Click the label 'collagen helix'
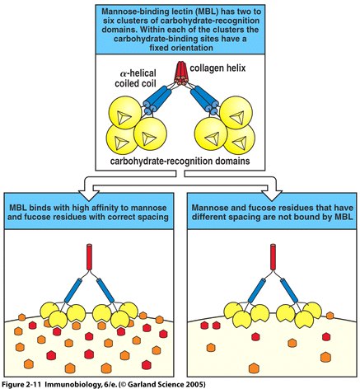(217, 68)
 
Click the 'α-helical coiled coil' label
(135, 78)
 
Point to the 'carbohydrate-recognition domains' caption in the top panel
(180, 161)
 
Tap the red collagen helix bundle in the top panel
(180, 73)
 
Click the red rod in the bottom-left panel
(89, 256)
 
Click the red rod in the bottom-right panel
(273, 256)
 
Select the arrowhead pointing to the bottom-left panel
(89, 194)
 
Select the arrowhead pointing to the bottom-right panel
(272, 194)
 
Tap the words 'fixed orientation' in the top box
(181, 48)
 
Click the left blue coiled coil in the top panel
(155, 100)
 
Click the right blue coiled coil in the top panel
(205, 100)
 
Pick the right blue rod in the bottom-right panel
(289, 290)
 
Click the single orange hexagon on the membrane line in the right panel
(330, 316)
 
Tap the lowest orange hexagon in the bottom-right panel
(254, 368)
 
